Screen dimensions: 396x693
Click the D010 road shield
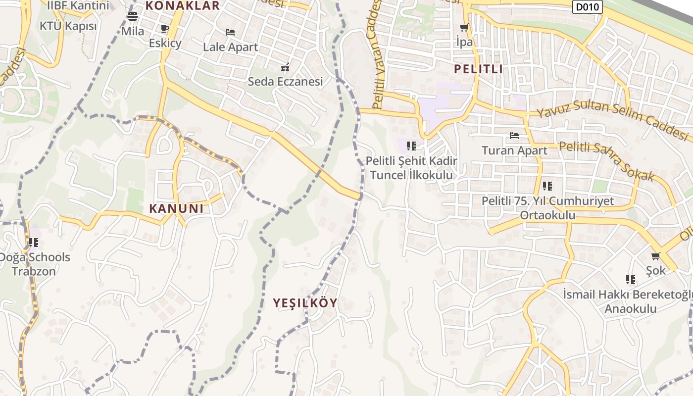point(587,7)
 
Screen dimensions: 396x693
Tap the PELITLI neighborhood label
point(478,69)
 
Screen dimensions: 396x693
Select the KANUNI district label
point(176,208)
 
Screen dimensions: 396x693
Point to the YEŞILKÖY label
point(305,303)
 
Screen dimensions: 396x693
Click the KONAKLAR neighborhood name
point(182,6)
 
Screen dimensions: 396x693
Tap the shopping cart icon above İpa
point(464,28)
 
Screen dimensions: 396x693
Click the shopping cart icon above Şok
point(656,256)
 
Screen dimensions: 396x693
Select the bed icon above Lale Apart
point(230,32)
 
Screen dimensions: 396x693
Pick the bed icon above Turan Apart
point(514,135)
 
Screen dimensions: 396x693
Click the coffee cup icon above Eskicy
point(165,28)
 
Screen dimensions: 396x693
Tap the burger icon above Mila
point(132,16)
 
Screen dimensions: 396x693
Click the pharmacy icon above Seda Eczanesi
point(285,67)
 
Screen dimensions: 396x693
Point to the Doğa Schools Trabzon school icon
point(34,243)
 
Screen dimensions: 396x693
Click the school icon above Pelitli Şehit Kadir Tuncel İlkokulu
point(411,146)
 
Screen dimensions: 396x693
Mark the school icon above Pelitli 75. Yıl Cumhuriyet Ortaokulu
point(547,186)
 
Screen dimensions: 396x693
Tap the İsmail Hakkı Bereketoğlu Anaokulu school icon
point(630,280)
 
